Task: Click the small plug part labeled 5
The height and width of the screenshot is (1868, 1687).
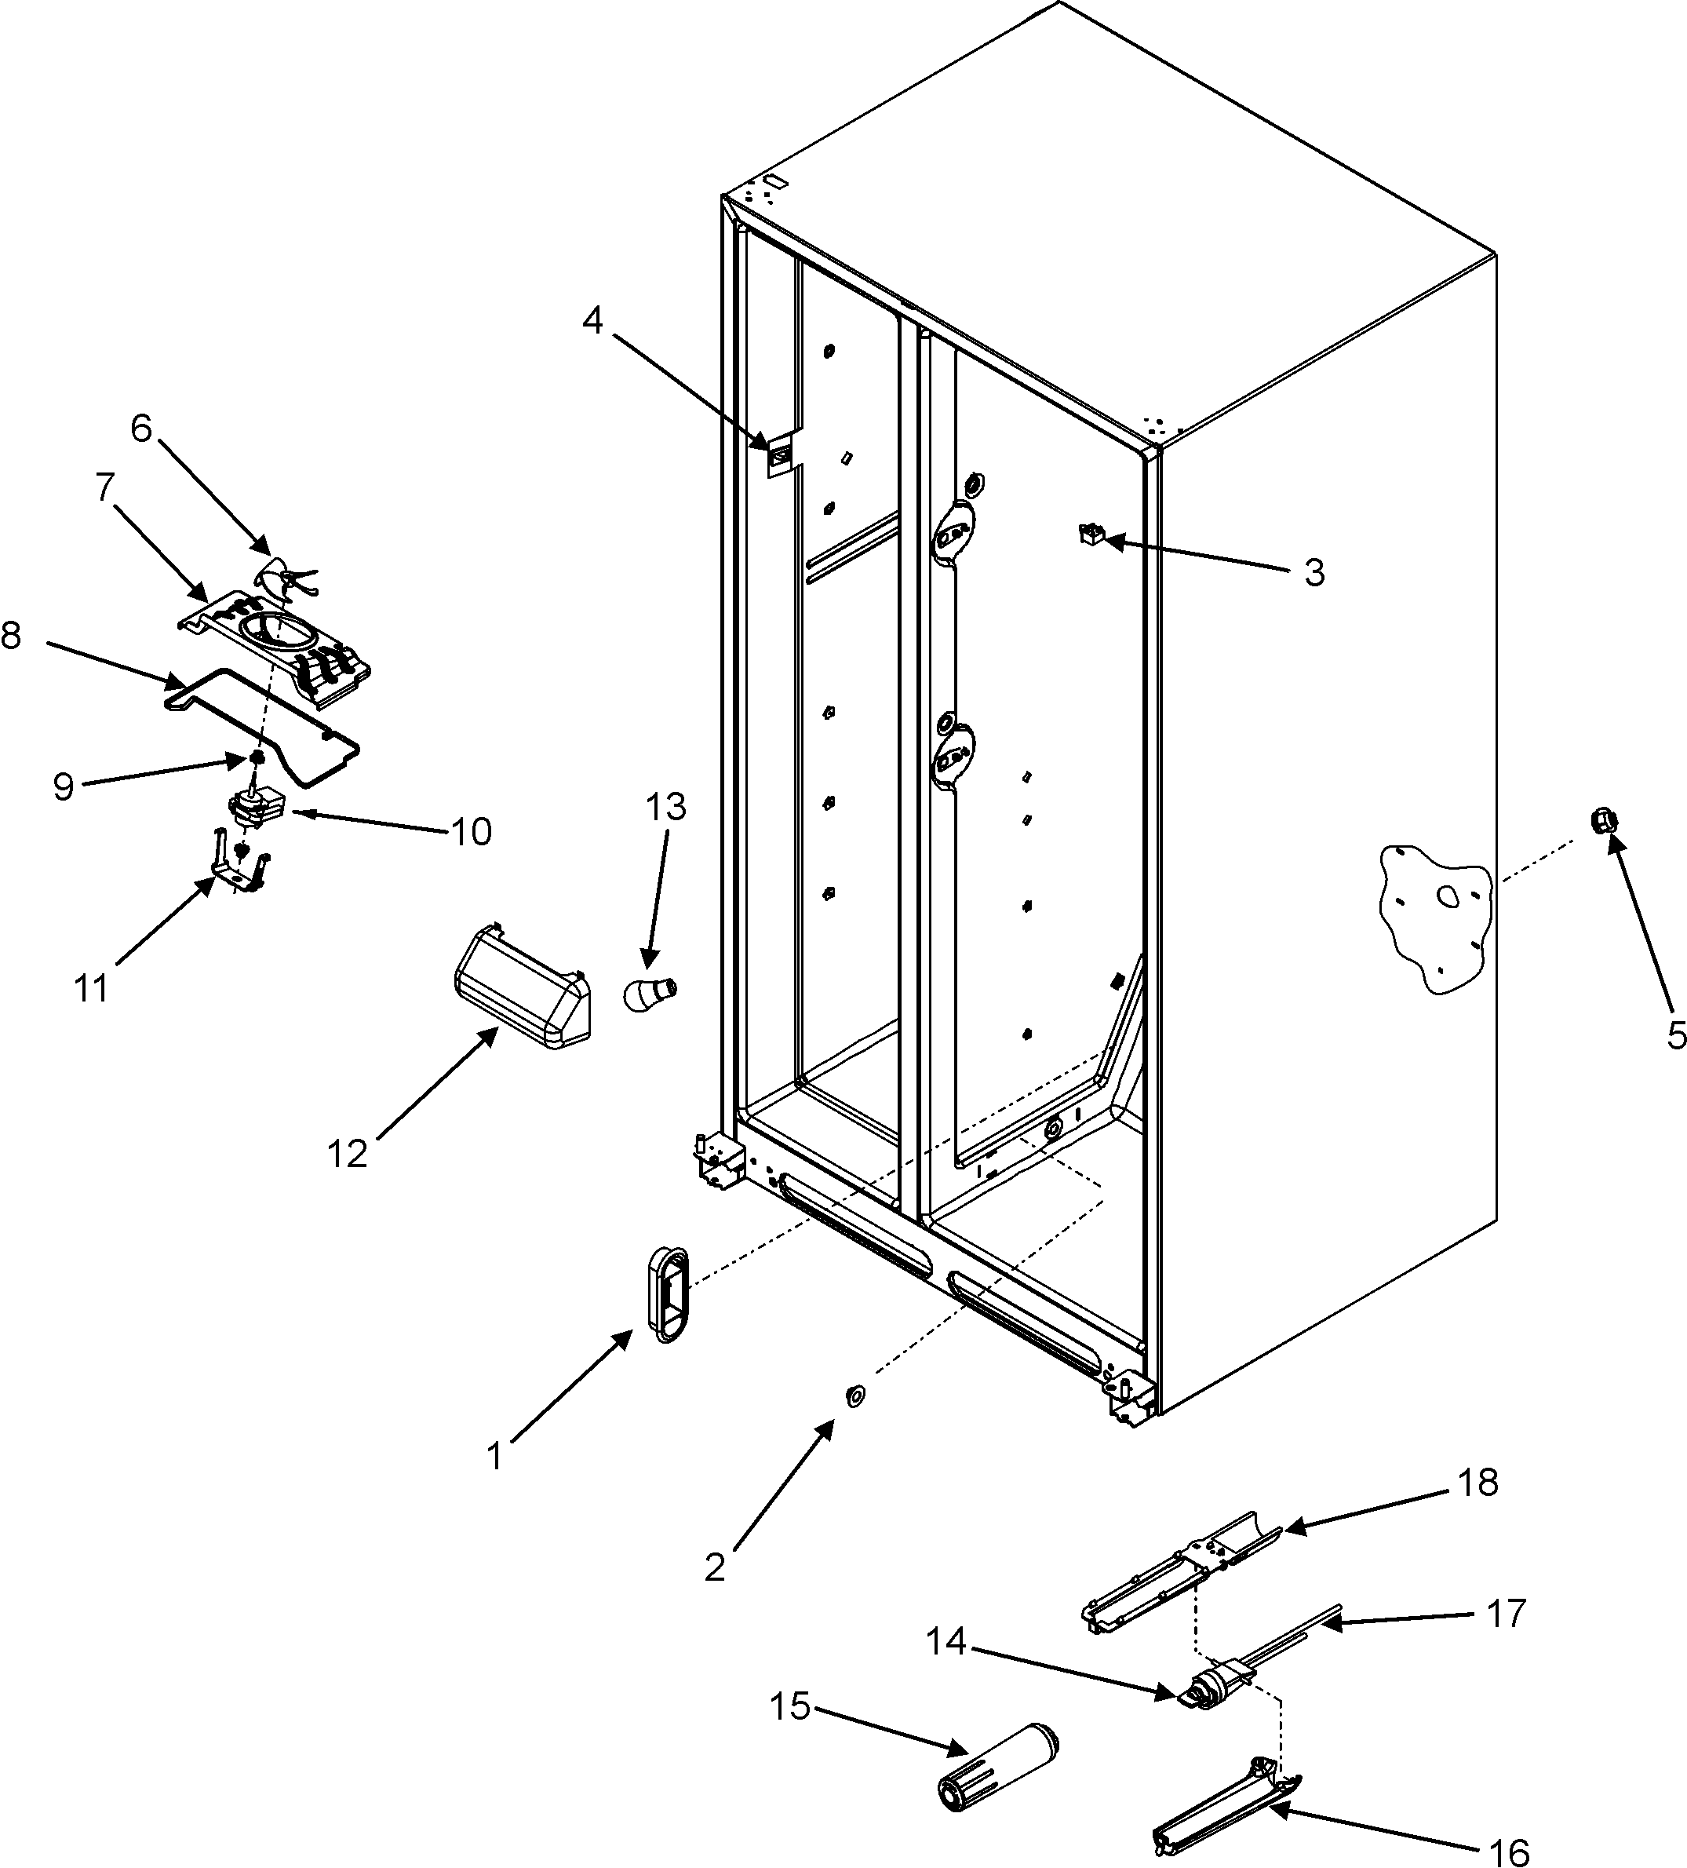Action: click(x=1605, y=819)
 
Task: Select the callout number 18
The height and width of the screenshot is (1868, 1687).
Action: click(x=1477, y=1483)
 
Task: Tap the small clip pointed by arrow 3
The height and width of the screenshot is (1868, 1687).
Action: click(x=1091, y=533)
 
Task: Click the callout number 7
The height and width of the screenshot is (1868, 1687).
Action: click(x=104, y=488)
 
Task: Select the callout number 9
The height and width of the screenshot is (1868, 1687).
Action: click(x=62, y=786)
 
